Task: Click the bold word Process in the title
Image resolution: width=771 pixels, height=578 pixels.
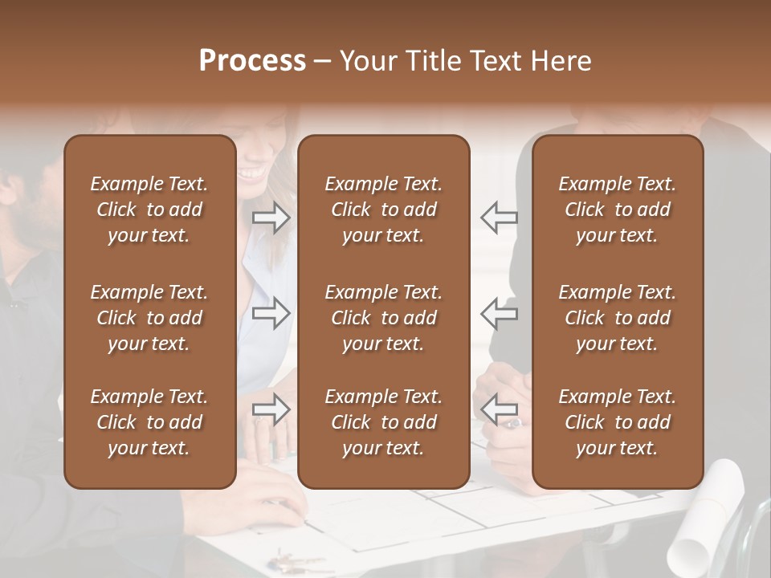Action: (252, 61)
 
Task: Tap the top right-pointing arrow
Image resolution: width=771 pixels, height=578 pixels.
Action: (271, 218)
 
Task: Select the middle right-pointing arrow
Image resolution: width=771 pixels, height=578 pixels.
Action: (271, 314)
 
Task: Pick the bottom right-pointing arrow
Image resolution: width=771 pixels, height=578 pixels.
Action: (271, 409)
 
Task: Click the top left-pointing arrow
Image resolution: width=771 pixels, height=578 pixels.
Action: (500, 218)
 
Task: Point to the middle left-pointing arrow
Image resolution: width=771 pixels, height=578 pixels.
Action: (500, 314)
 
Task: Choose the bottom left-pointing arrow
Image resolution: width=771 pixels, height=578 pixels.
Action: (500, 409)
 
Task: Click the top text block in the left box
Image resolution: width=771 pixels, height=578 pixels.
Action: (149, 210)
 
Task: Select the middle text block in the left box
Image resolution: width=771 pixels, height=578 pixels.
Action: (149, 318)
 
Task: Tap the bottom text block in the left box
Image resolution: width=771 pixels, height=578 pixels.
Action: (149, 422)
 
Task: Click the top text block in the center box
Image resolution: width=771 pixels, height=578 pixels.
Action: (383, 210)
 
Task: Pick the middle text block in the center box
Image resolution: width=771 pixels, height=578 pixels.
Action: (383, 318)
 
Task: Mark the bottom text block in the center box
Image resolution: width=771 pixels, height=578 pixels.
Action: (383, 422)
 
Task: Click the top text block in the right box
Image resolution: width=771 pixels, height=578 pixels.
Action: (617, 210)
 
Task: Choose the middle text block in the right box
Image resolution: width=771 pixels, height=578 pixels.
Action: (617, 318)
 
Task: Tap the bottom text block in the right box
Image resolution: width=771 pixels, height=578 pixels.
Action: (617, 422)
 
